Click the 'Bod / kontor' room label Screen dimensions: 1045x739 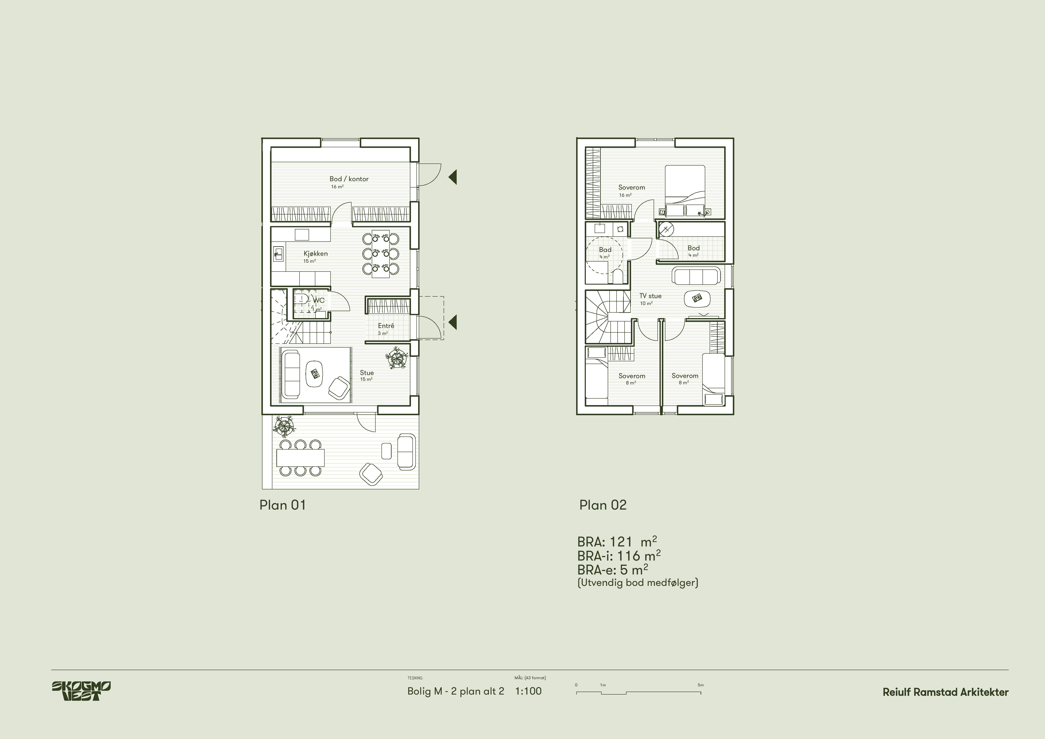pos(349,179)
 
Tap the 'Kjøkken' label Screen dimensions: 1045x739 pos(316,253)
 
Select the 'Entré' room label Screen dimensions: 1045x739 pos(386,326)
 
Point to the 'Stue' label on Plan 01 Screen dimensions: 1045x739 pos(367,373)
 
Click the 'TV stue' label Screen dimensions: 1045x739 pos(650,296)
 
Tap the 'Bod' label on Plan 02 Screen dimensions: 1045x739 pos(694,248)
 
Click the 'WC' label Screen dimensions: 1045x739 pos(318,300)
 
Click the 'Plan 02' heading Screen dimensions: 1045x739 pos(603,505)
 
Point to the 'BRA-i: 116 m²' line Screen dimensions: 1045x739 pos(619,556)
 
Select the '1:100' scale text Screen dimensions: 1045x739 pos(529,691)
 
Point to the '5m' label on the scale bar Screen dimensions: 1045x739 pos(700,685)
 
